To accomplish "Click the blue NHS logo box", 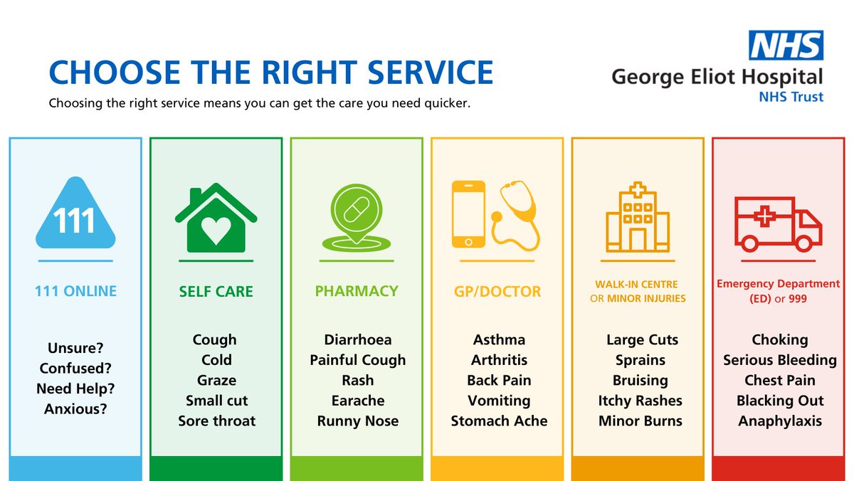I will coord(785,45).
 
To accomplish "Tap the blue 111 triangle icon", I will coord(75,214).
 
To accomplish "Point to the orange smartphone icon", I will coord(469,214).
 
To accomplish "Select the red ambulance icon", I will coord(778,223).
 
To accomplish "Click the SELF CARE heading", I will coord(216,292).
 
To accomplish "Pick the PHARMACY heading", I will coord(357,291).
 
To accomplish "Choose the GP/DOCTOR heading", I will coord(497,292).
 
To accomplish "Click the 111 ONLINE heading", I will coord(75,291).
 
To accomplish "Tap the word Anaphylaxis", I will coord(779,421).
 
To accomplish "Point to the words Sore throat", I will coord(216,421).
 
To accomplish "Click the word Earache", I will coord(357,401).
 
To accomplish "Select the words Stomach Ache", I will coord(499,421).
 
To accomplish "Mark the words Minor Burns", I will coord(640,421).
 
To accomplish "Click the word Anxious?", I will coord(75,409).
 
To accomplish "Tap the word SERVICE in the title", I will coord(417,73).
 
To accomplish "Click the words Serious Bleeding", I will coord(779,360).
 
